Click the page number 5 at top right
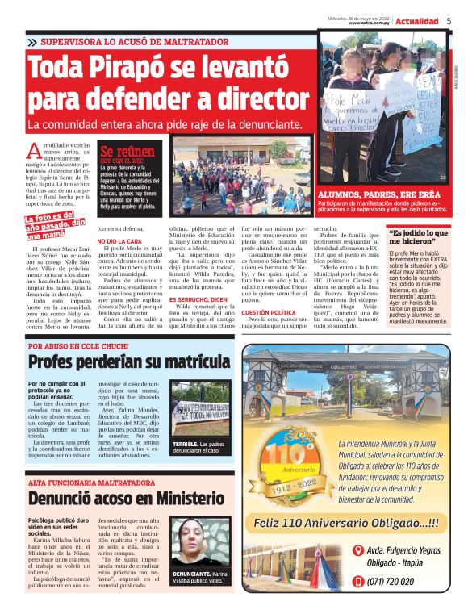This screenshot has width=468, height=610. click(x=449, y=21)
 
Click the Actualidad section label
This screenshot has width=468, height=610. click(x=417, y=21)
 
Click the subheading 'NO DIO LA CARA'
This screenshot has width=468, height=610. click(x=120, y=241)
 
